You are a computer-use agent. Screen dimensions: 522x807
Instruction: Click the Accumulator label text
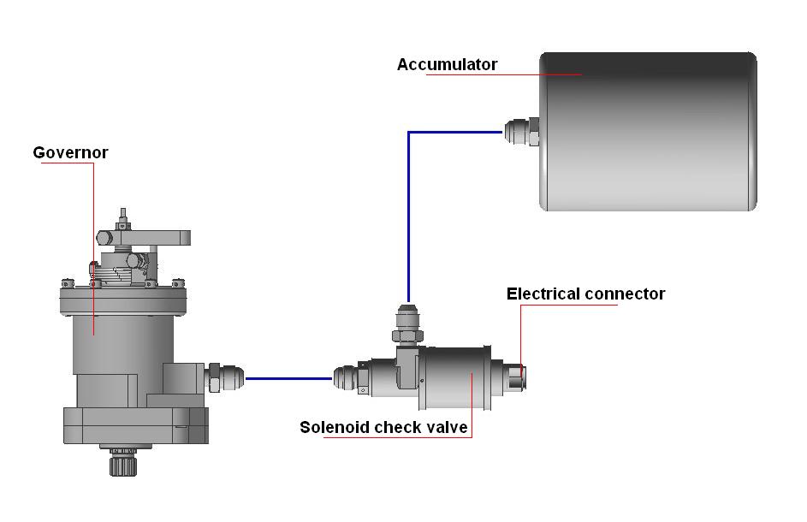pos(447,65)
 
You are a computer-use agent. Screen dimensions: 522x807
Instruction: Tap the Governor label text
pos(70,153)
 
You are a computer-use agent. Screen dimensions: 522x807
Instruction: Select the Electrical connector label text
pos(585,294)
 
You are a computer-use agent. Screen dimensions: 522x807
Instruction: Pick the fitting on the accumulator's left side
pos(521,132)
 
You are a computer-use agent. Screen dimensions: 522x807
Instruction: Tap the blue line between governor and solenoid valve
pos(288,377)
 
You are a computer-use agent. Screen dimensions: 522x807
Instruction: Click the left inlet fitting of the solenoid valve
pos(347,377)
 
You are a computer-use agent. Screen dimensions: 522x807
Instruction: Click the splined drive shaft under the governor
pos(119,464)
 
